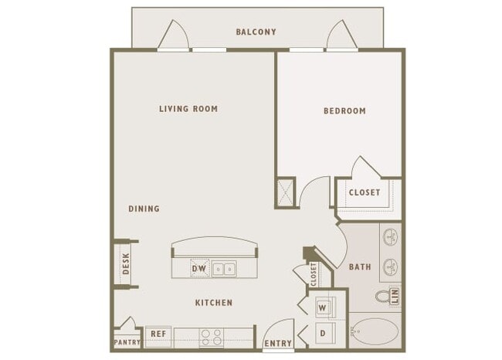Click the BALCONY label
click(256, 32)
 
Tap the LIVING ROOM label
click(188, 109)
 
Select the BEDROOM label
click(344, 110)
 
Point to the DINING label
click(144, 209)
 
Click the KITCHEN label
click(214, 303)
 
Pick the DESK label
click(126, 263)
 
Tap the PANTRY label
click(127, 342)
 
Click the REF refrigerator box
click(158, 337)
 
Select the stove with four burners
click(212, 338)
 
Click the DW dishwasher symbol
click(200, 268)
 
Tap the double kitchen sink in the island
click(224, 269)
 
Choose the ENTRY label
click(278, 343)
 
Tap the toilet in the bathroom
click(382, 297)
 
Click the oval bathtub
click(375, 331)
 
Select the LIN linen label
click(395, 296)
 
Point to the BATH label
click(360, 267)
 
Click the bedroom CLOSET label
click(365, 192)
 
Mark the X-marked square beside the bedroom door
click(285, 193)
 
